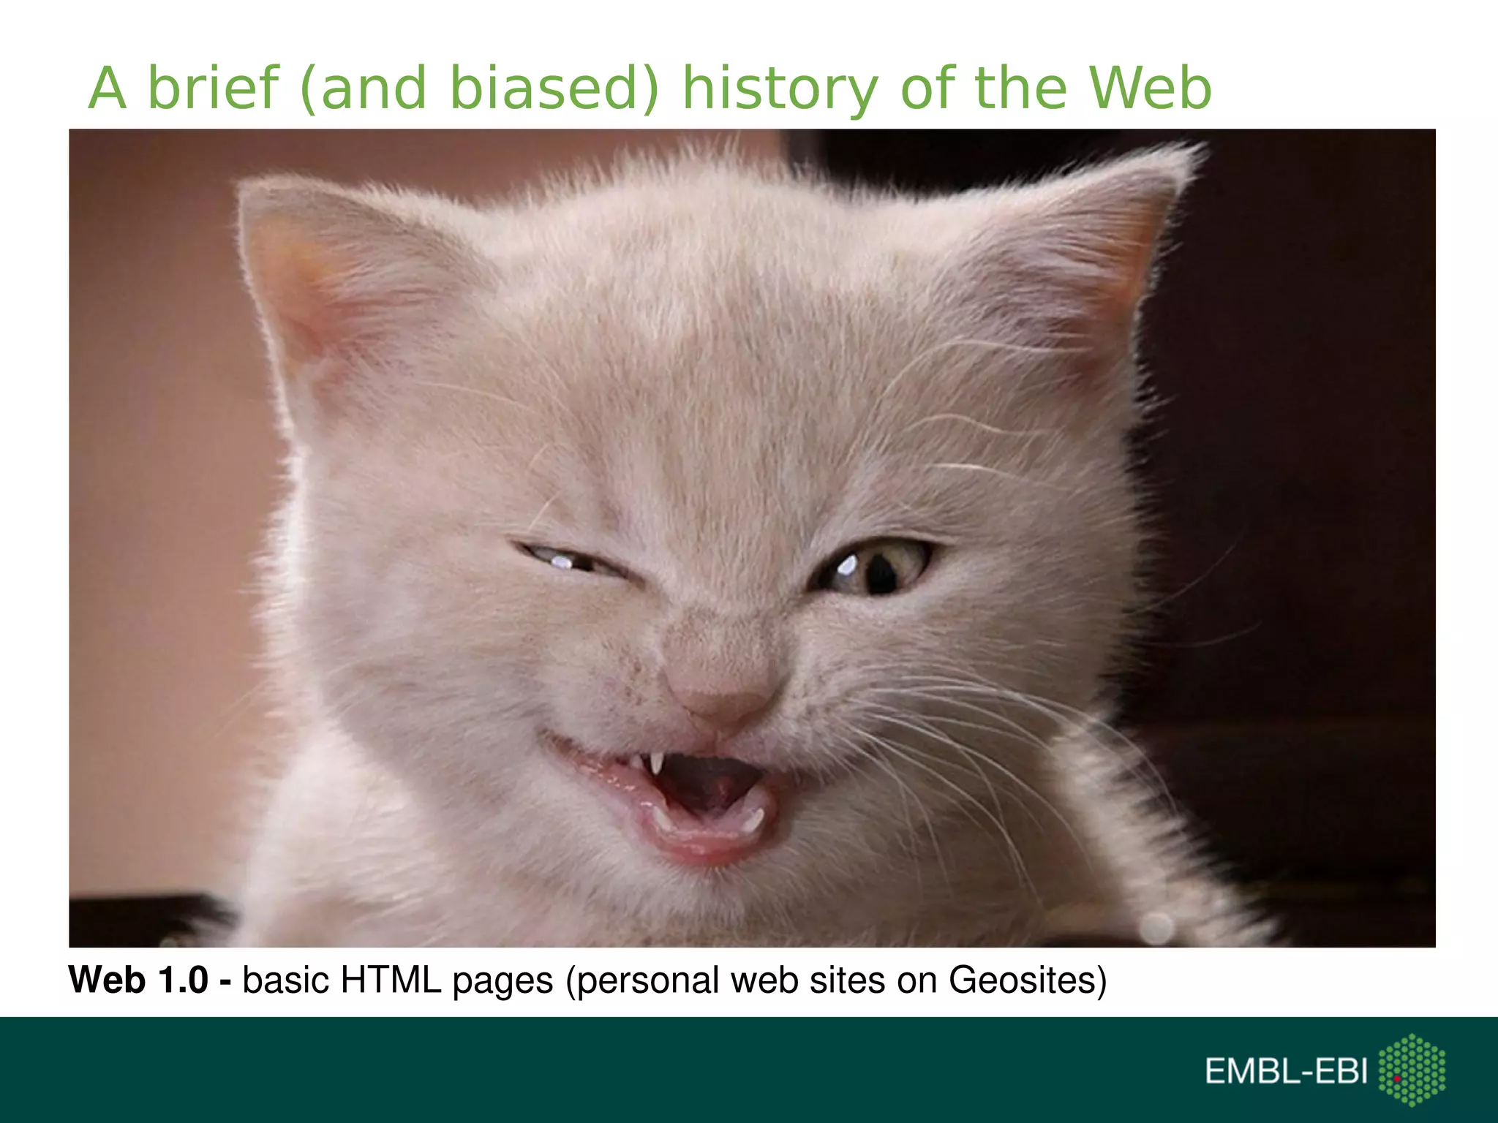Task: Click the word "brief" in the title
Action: (213, 88)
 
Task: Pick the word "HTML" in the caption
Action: (391, 980)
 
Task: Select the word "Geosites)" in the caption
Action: (1028, 981)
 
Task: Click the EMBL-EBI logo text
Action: (1286, 1071)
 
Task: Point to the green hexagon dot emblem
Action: (1412, 1070)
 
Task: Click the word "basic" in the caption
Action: (286, 980)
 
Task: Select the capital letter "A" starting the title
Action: (108, 88)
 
